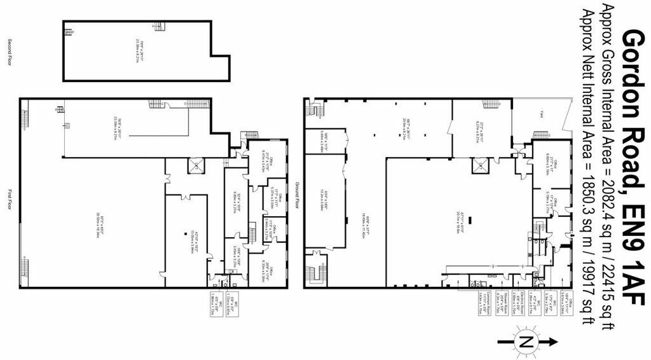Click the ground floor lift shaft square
[477, 166]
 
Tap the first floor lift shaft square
[196, 166]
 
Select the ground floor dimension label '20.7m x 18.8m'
[460, 217]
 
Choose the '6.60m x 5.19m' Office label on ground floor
[553, 167]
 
